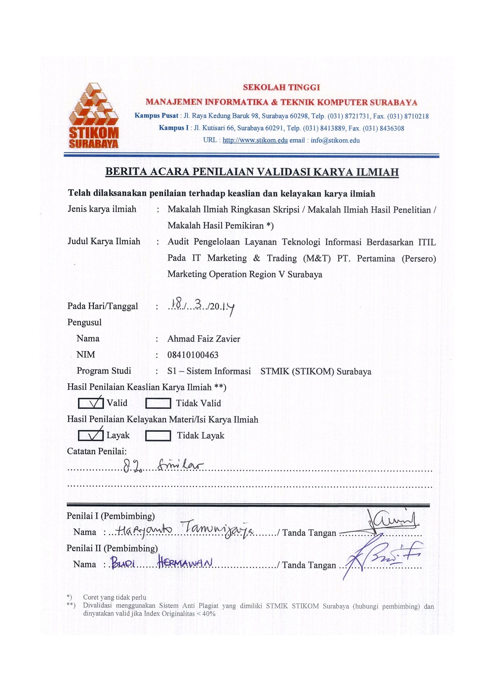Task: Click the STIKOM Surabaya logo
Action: pyautogui.click(x=94, y=116)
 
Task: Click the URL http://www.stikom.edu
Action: pyautogui.click(x=255, y=140)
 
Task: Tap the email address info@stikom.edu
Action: pyautogui.click(x=335, y=140)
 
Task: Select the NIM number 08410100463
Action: pyautogui.click(x=193, y=355)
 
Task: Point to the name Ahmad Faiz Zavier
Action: pyautogui.click(x=204, y=339)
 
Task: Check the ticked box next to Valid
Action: pyautogui.click(x=90, y=403)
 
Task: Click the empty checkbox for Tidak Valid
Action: pyautogui.click(x=158, y=403)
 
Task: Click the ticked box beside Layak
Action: pyautogui.click(x=90, y=435)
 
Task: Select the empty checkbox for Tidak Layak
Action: pyautogui.click(x=158, y=436)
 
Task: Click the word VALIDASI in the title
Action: pyautogui.click(x=284, y=172)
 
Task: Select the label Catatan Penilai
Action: pyautogui.click(x=97, y=451)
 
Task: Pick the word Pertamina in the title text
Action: pyautogui.click(x=376, y=258)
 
